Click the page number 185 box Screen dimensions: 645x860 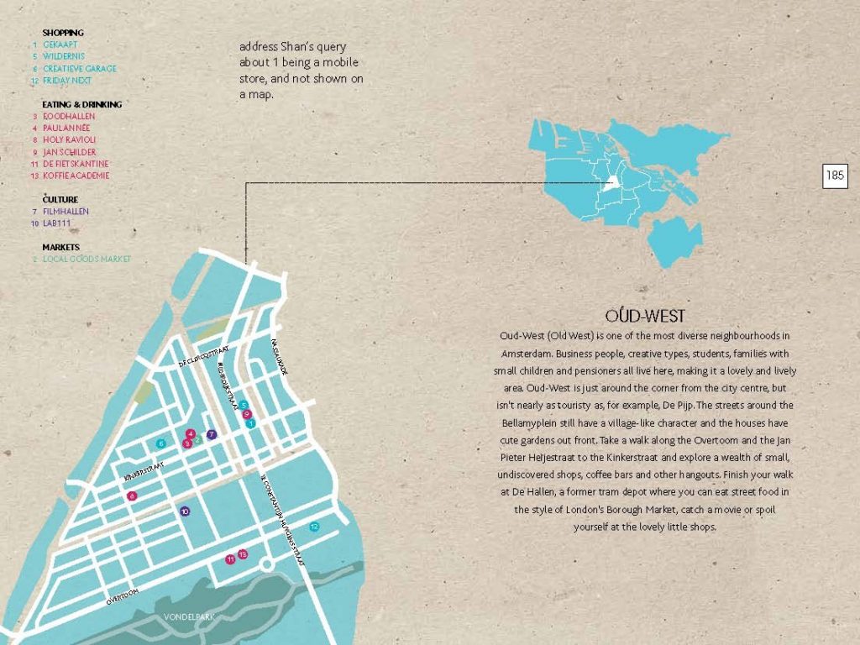pos(835,176)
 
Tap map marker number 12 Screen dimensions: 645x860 pos(314,527)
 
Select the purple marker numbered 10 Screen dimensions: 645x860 pos(185,511)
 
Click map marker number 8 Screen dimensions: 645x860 pos(132,496)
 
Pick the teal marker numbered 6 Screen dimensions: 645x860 pos(160,443)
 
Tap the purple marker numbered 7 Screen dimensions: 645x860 pos(212,434)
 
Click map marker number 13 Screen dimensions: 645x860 pos(242,554)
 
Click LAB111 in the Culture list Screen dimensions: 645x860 pos(57,223)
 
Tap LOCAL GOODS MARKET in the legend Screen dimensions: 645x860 pos(87,260)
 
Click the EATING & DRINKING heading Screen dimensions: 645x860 pos(81,104)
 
